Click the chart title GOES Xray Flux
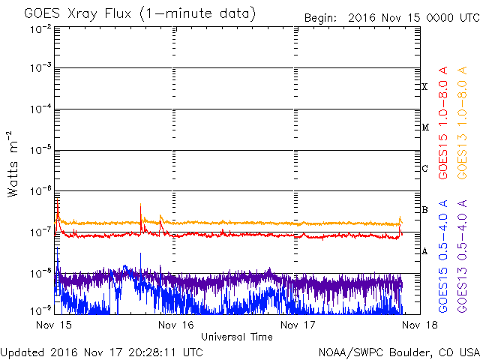tap(78, 14)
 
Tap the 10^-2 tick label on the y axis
tap(40, 30)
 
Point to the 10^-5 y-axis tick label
tap(40, 150)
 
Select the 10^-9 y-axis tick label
tap(40, 310)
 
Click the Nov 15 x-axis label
tap(54, 325)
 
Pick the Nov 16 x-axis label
tap(176, 325)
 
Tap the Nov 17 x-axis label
tap(298, 325)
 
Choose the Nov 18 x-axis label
tap(420, 325)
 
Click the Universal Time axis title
tap(237, 337)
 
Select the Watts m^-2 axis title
tap(13, 164)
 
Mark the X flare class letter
tap(424, 87)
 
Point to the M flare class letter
tap(425, 127)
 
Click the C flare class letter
tap(424, 168)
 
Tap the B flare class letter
tap(424, 210)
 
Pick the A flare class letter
tap(424, 251)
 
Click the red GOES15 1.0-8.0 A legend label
tap(443, 123)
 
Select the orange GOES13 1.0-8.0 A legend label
tap(462, 123)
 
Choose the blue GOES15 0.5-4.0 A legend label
tap(443, 256)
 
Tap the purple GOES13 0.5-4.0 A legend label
tap(462, 256)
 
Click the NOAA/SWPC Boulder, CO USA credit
tap(399, 352)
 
